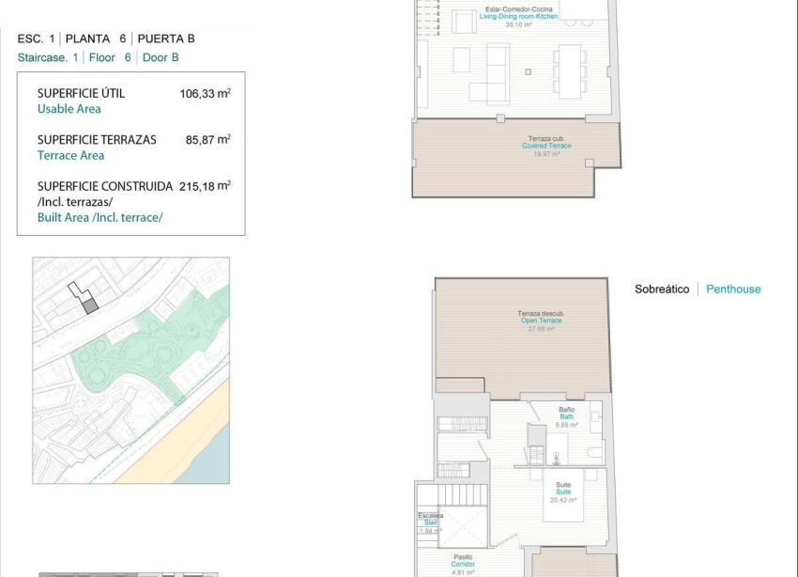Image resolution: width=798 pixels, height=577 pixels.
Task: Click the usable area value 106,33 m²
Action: pos(205,93)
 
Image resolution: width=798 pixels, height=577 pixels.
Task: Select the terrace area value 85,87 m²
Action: pos(207,139)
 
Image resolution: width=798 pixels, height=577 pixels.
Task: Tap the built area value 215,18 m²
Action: pos(205,186)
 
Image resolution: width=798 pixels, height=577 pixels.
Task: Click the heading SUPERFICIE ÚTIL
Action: pos(81,93)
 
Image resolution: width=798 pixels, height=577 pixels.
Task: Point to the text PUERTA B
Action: pos(166,39)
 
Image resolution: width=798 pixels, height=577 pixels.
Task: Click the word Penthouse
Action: pos(733,289)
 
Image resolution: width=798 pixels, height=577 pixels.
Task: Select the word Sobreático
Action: pos(662,289)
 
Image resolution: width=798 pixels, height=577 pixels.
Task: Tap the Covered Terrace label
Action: pos(547,146)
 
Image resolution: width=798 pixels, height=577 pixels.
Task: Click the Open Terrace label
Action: pos(541,320)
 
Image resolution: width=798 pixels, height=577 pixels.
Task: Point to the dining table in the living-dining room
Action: pos(569,70)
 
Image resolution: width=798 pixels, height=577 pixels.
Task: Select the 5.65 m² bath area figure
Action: pos(566,425)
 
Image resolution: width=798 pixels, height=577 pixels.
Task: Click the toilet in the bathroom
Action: pos(593,454)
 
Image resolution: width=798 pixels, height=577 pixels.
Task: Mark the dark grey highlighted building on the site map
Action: pos(90,304)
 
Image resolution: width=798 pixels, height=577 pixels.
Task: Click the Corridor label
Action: pos(463,564)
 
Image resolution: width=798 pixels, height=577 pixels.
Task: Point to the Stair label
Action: pos(431,522)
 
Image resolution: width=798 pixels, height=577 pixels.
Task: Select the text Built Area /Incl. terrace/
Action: pos(100,217)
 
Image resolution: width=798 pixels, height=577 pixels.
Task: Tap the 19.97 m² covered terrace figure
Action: pos(546,153)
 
